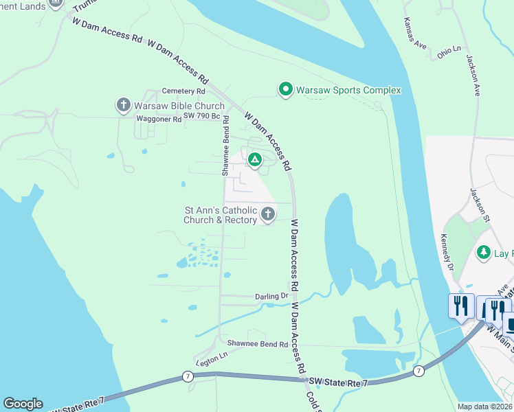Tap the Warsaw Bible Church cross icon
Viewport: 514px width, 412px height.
(124, 106)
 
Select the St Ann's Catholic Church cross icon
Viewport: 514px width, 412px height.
(267, 215)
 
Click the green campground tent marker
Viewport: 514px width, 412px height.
(254, 160)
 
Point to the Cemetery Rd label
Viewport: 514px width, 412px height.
(183, 91)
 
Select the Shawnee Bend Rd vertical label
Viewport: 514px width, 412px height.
(225, 146)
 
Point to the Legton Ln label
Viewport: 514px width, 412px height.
(211, 360)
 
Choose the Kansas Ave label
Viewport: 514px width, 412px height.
(416, 34)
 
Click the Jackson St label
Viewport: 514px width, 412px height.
(479, 205)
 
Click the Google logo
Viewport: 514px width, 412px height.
(23, 404)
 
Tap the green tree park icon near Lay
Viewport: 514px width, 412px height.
(484, 253)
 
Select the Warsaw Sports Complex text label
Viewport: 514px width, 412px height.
(348, 90)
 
